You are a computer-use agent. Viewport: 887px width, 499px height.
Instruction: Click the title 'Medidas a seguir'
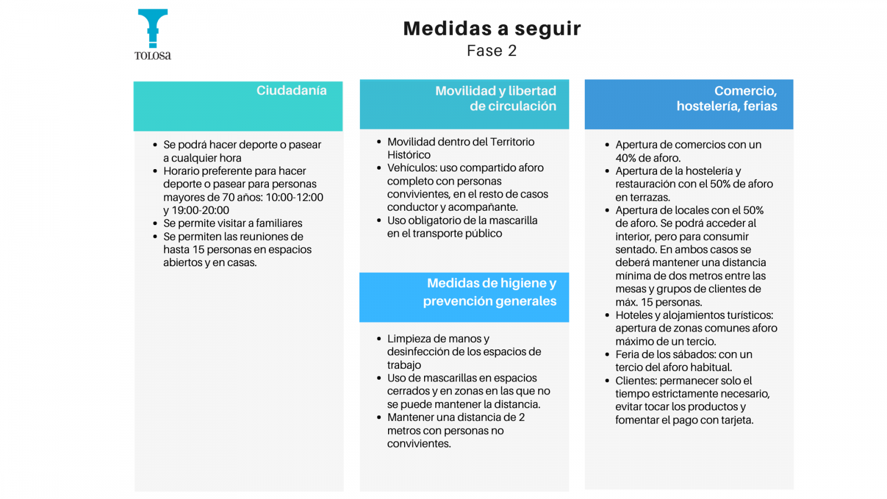pos(492,28)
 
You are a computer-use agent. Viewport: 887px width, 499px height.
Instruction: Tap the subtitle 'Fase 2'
pos(492,51)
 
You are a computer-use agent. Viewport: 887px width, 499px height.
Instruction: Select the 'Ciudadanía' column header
pos(291,90)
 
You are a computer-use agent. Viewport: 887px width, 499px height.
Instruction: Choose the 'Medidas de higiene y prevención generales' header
pos(490,292)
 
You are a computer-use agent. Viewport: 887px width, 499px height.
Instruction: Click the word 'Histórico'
pos(409,155)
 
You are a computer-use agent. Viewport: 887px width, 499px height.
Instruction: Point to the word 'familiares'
pos(279,223)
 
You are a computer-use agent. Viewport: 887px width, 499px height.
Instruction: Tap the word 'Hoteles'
pos(633,315)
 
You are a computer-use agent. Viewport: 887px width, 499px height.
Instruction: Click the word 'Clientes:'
pos(636,381)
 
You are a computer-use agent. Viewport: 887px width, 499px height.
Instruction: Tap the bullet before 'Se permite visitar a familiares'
pos(155,223)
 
